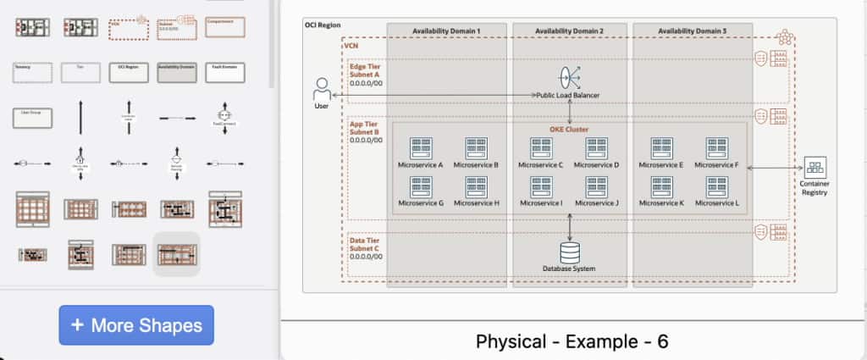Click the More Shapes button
coord(136,325)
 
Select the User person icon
coord(322,88)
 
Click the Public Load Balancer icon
coord(569,77)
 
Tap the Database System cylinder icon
coord(569,252)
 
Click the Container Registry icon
coord(815,167)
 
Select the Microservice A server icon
coord(420,148)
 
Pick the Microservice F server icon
coord(716,148)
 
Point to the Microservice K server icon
coord(660,187)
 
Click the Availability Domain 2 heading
coord(569,31)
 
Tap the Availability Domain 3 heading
coord(692,31)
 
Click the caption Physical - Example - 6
coord(572,341)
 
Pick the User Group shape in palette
coord(32,118)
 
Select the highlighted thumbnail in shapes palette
coord(176,253)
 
